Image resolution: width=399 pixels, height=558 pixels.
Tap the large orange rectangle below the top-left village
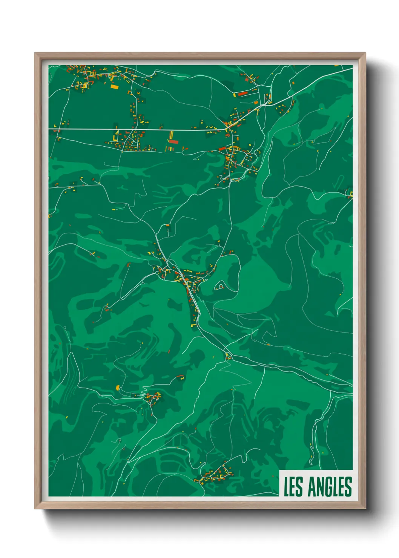(114, 87)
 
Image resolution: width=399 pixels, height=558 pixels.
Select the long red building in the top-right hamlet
(242, 93)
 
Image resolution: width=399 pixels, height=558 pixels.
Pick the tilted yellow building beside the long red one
(235, 95)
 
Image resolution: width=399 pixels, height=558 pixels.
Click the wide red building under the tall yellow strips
(173, 142)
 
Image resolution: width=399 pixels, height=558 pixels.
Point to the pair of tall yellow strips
(171, 135)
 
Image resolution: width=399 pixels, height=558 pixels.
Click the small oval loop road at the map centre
(219, 287)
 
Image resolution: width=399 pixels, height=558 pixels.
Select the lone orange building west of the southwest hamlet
(117, 387)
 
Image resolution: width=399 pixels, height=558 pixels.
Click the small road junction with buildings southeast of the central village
(228, 356)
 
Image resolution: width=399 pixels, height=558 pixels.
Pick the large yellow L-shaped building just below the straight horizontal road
(117, 135)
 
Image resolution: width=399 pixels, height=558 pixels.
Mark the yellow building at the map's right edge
(351, 194)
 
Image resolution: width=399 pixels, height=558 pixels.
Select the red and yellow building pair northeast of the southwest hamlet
(181, 376)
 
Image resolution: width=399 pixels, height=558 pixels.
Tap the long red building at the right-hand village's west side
(223, 149)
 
